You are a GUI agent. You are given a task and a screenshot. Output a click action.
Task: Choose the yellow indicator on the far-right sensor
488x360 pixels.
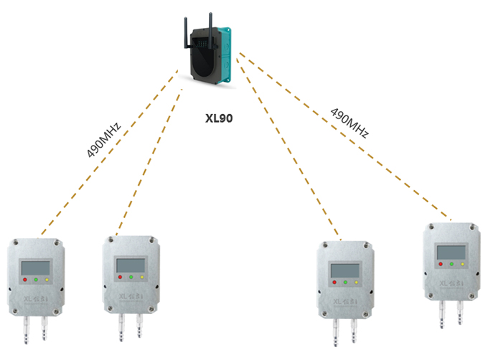pos(464,264)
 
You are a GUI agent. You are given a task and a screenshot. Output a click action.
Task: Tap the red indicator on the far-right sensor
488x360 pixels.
pos(440,264)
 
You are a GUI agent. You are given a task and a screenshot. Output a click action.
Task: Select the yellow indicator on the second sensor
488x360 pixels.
pos(143,276)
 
